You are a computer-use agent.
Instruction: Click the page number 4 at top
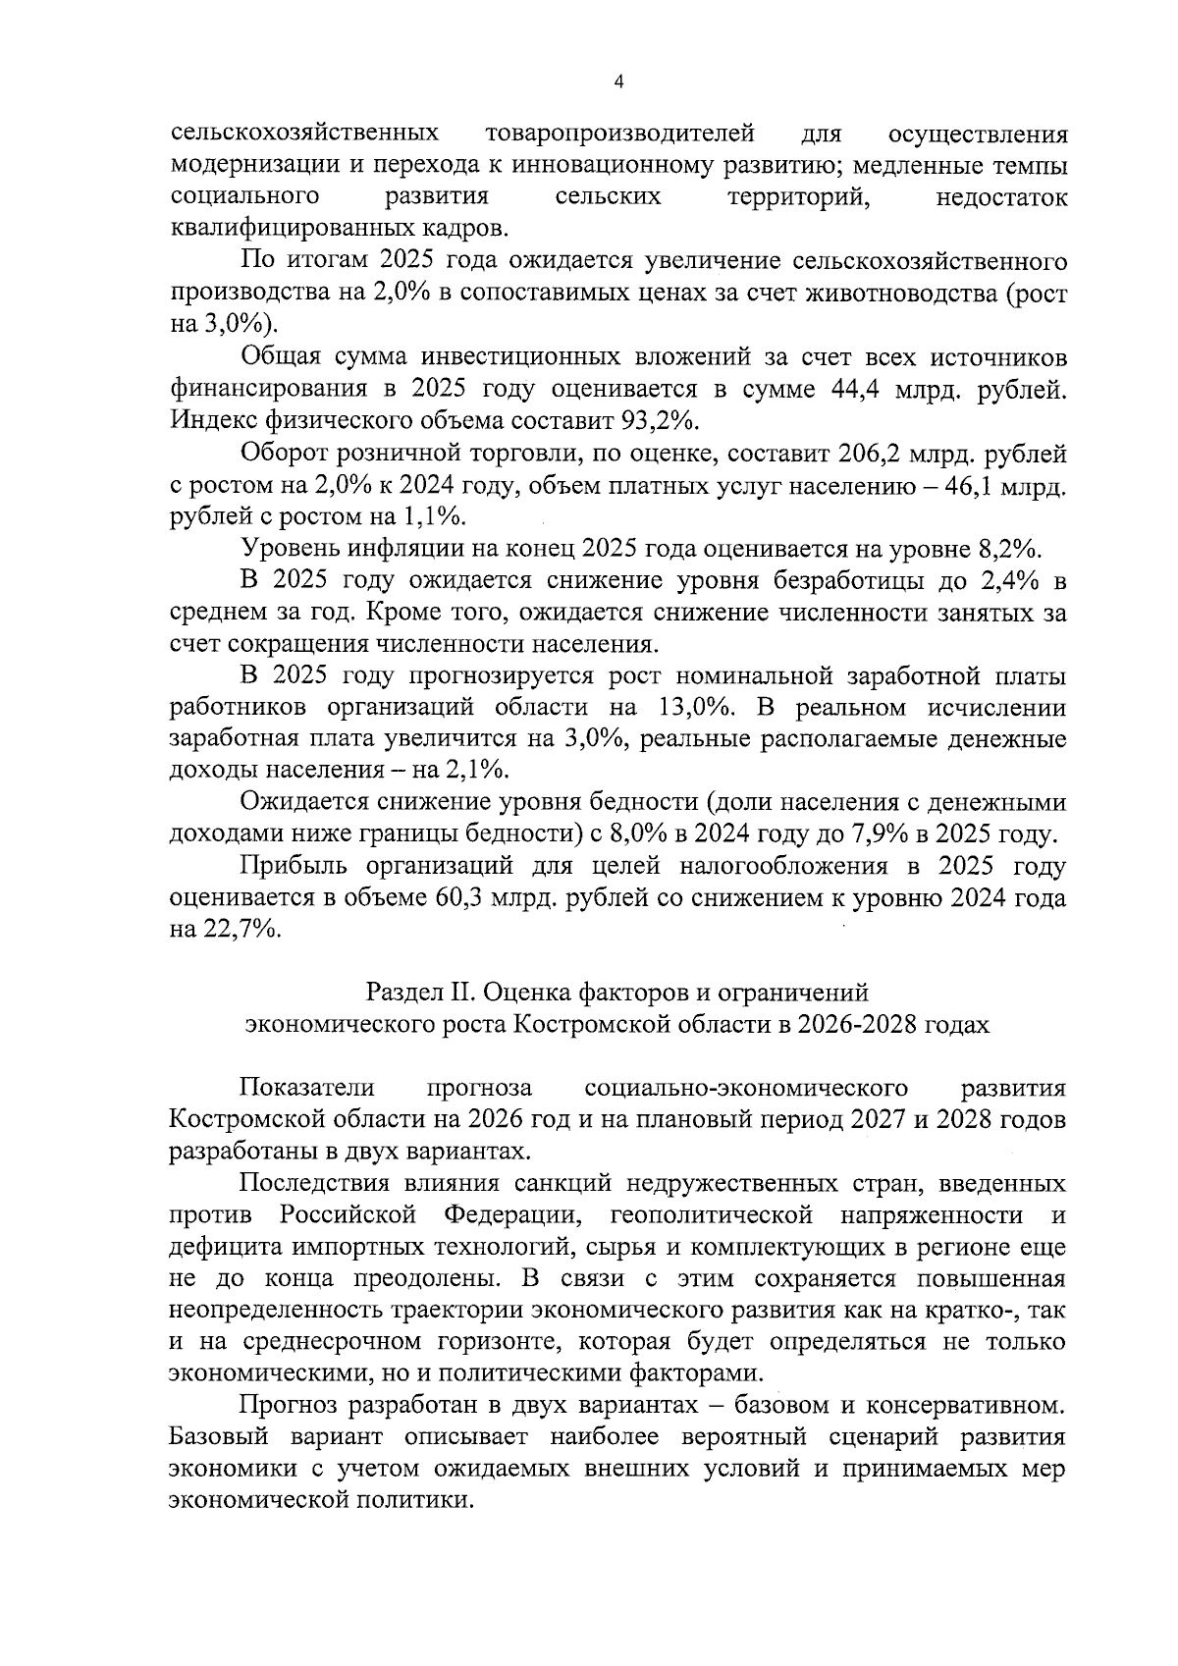click(x=617, y=83)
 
